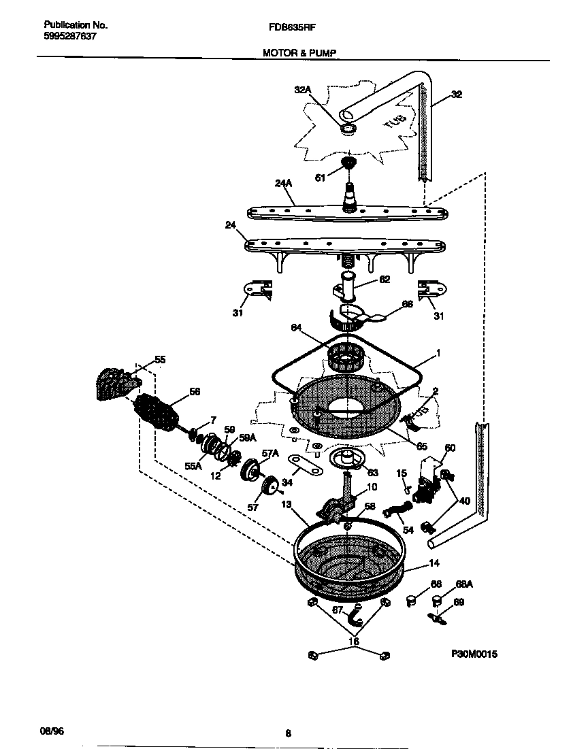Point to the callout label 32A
click(x=302, y=89)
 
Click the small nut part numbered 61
click(x=348, y=163)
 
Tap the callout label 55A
click(x=194, y=466)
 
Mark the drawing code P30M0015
click(x=474, y=654)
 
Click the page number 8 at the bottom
click(x=289, y=733)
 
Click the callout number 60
click(x=450, y=448)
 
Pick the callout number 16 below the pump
click(x=353, y=641)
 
